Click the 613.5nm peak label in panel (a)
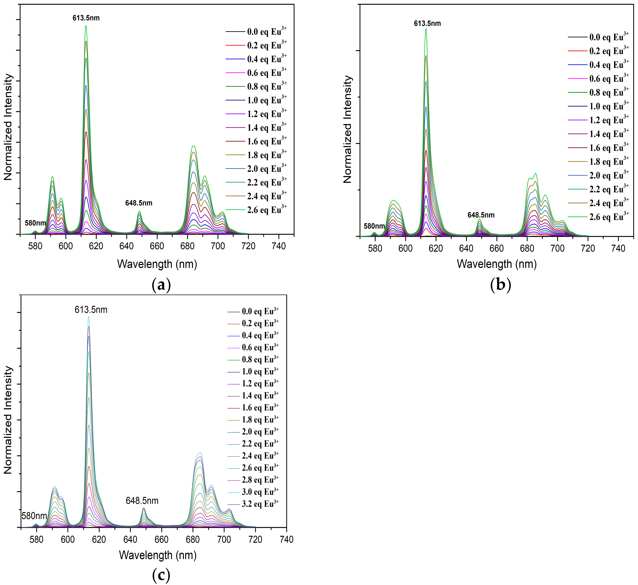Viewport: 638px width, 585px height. point(86,18)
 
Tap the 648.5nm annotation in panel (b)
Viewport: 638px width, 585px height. point(481,215)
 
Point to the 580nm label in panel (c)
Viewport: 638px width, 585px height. point(34,516)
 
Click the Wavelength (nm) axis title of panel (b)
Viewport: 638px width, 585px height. point(497,264)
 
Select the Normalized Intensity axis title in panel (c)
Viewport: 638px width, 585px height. point(8,420)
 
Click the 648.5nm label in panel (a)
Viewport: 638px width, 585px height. point(139,203)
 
